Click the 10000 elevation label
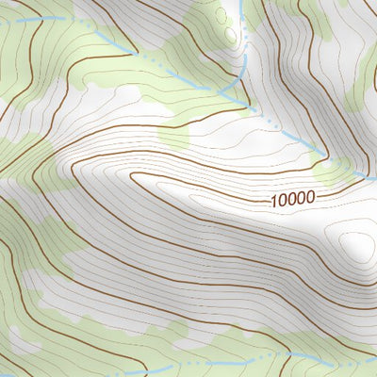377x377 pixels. pyautogui.click(x=291, y=199)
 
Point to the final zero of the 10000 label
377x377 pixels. pyautogui.click(x=309, y=198)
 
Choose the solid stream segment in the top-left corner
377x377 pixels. pyautogui.click(x=38, y=19)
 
